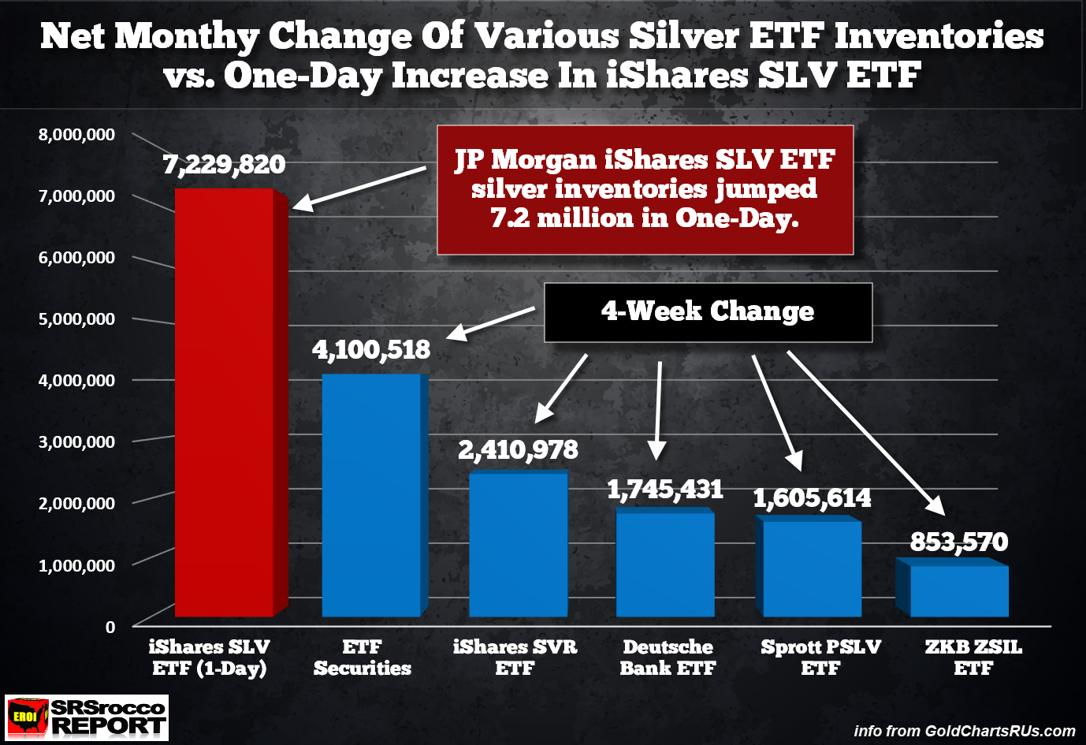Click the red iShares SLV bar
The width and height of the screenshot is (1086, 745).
click(x=225, y=402)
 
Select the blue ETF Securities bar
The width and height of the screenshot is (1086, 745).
click(x=371, y=495)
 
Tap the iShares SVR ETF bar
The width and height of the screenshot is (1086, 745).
click(x=518, y=544)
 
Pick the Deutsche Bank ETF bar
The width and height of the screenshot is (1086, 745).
click(x=665, y=564)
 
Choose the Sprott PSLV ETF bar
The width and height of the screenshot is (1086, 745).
click(x=812, y=568)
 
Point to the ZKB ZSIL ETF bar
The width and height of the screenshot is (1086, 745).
click(x=958, y=590)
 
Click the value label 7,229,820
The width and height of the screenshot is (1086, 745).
click(x=224, y=165)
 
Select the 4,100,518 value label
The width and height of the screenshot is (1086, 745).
click(x=371, y=349)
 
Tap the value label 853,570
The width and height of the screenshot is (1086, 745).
click(x=958, y=542)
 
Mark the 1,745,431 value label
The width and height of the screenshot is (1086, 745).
click(x=665, y=490)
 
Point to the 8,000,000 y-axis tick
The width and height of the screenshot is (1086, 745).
click(x=76, y=135)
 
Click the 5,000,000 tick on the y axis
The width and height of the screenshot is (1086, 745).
click(x=76, y=319)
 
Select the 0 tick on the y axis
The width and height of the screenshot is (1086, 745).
click(x=110, y=628)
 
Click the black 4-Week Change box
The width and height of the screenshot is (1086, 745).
click(x=708, y=312)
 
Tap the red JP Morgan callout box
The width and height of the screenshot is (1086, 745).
click(x=645, y=189)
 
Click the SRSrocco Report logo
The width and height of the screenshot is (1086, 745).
click(x=87, y=717)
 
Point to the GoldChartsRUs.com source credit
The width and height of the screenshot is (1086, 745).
click(x=965, y=731)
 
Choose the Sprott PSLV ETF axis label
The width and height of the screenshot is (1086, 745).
click(x=820, y=657)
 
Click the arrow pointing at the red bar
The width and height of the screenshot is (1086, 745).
click(x=359, y=189)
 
